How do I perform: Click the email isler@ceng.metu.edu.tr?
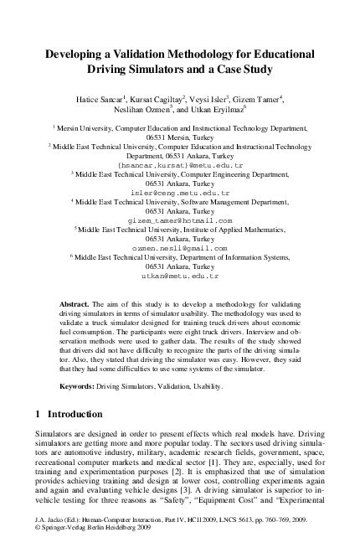(180, 191)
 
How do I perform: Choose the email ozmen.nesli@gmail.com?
(180, 249)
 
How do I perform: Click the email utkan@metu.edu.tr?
(180, 276)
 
